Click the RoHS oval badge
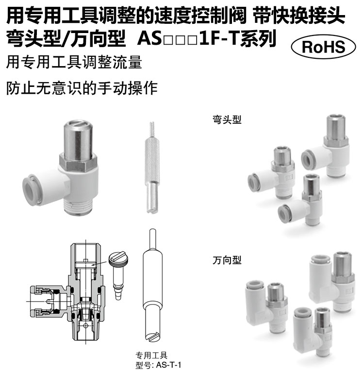coord(323,47)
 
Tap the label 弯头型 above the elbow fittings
coord(227,119)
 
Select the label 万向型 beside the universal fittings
coord(227,260)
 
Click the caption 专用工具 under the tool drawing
coord(151,356)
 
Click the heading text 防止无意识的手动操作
coord(82,88)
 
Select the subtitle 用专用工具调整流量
coord(74,63)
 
